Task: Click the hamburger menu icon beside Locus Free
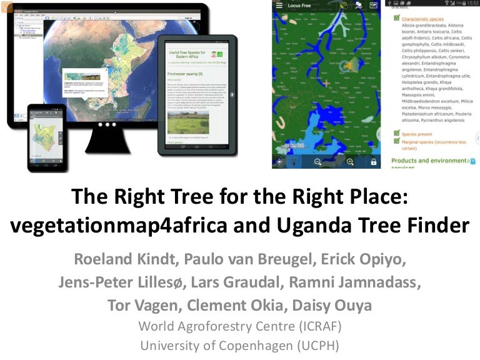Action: pos(278,6)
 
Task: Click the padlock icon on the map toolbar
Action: pos(373,161)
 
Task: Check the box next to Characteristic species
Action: pos(396,19)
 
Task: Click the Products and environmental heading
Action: pos(429,161)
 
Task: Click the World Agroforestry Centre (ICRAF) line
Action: pos(240,326)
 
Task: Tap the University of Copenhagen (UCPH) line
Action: pos(240,345)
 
